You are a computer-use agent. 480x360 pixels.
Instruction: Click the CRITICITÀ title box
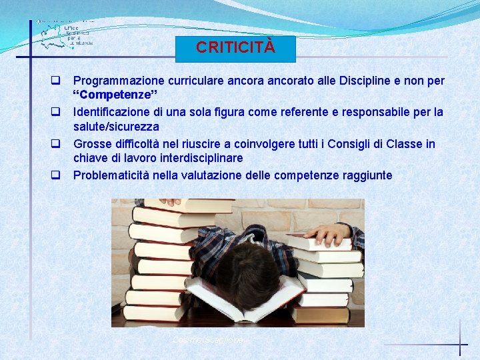coord(235,49)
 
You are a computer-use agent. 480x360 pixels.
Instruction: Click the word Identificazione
coord(111,111)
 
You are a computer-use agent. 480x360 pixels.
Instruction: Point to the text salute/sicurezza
coord(116,126)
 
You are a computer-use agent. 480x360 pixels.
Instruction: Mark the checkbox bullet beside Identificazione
coord(57,112)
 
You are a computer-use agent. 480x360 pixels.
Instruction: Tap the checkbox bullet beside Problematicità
coord(57,176)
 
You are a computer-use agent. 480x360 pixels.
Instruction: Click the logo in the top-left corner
coord(65,33)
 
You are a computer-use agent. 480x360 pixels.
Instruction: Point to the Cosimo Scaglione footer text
coord(209,340)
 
